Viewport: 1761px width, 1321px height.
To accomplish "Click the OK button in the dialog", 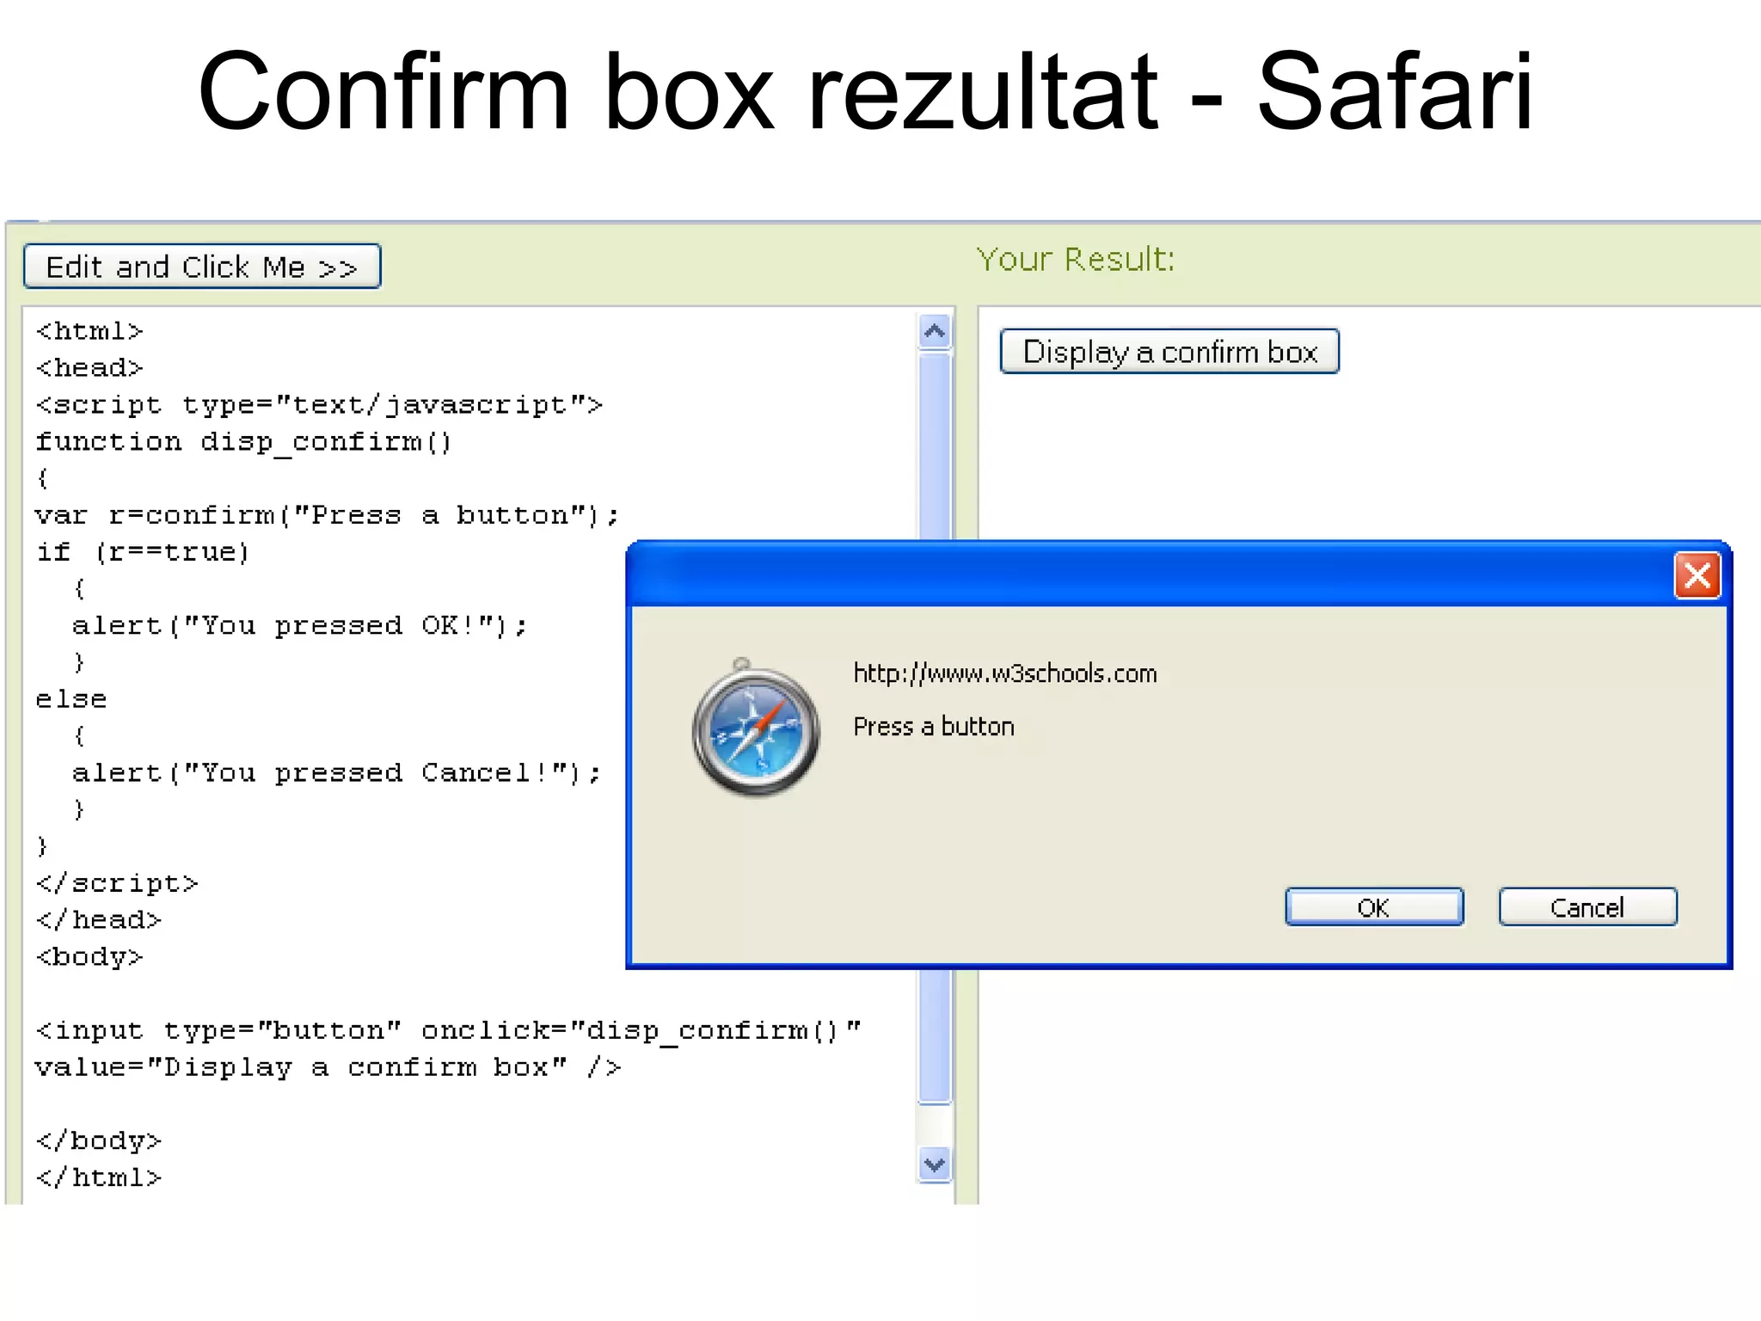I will tap(1373, 907).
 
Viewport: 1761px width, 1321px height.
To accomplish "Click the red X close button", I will tap(1697, 575).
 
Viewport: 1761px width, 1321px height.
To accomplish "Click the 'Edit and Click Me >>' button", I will tap(202, 267).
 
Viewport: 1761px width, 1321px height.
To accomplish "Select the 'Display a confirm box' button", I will tap(1169, 352).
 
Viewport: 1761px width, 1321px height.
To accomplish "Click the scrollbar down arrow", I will tap(935, 1165).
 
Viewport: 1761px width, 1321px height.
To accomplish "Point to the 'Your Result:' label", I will tap(1076, 259).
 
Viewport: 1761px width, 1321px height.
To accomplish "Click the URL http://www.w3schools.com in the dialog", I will tap(1004, 673).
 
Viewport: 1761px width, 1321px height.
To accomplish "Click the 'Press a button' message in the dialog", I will tap(934, 727).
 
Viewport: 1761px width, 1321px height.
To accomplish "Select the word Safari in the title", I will tap(1395, 92).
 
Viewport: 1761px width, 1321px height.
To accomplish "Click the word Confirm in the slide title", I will tap(383, 92).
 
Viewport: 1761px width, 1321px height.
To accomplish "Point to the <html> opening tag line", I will tap(89, 331).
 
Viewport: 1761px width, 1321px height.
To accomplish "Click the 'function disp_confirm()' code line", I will tap(243, 442).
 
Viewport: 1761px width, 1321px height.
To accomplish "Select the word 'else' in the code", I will tap(71, 699).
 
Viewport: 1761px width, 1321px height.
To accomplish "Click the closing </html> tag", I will tap(99, 1177).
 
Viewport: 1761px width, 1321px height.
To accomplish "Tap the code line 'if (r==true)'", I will tap(143, 552).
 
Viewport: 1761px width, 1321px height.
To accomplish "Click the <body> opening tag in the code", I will tap(89, 956).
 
